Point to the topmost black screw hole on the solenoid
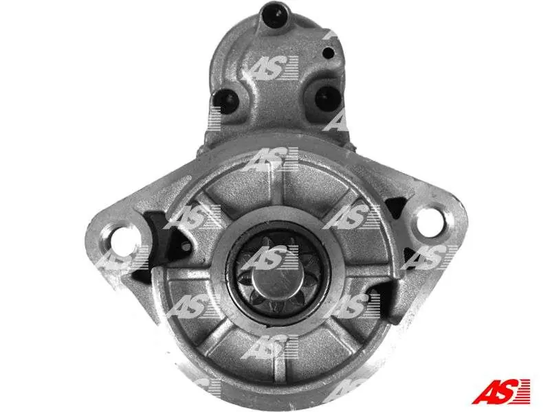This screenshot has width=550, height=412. click(274, 14)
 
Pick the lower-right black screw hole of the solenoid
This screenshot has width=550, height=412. click(327, 97)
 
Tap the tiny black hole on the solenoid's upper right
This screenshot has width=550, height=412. click(329, 53)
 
